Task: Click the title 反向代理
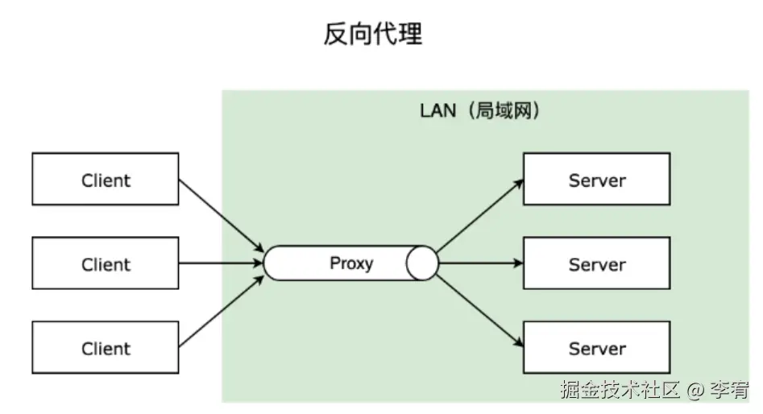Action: tap(373, 35)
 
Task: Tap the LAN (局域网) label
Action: tap(480, 111)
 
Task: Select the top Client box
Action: tap(106, 180)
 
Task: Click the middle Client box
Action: tap(106, 264)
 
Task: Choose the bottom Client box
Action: tap(106, 348)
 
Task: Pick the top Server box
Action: tap(596, 180)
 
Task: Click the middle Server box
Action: tap(596, 264)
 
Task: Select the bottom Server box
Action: tap(596, 348)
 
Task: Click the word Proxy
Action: tap(351, 263)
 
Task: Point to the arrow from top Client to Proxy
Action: tap(222, 213)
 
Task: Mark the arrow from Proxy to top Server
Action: tap(479, 215)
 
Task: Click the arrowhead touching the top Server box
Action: tap(518, 183)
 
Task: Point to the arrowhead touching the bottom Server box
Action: tap(518, 345)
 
